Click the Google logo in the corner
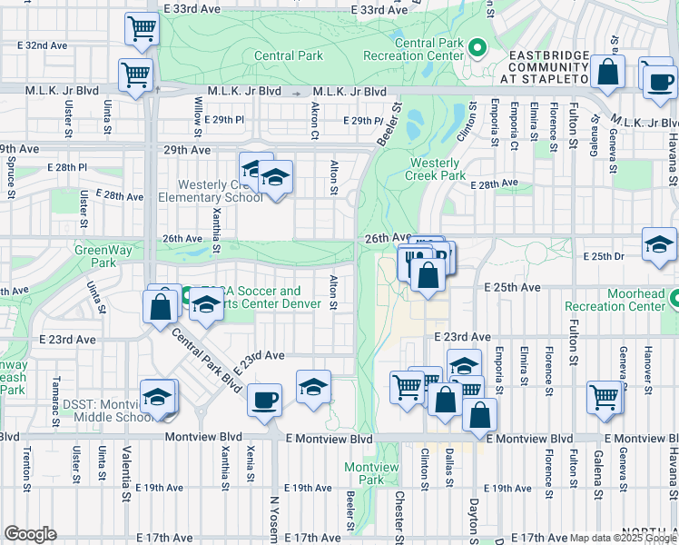[30, 534]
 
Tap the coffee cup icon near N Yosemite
[264, 401]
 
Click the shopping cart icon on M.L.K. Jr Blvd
[136, 75]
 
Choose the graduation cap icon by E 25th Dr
[659, 244]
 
